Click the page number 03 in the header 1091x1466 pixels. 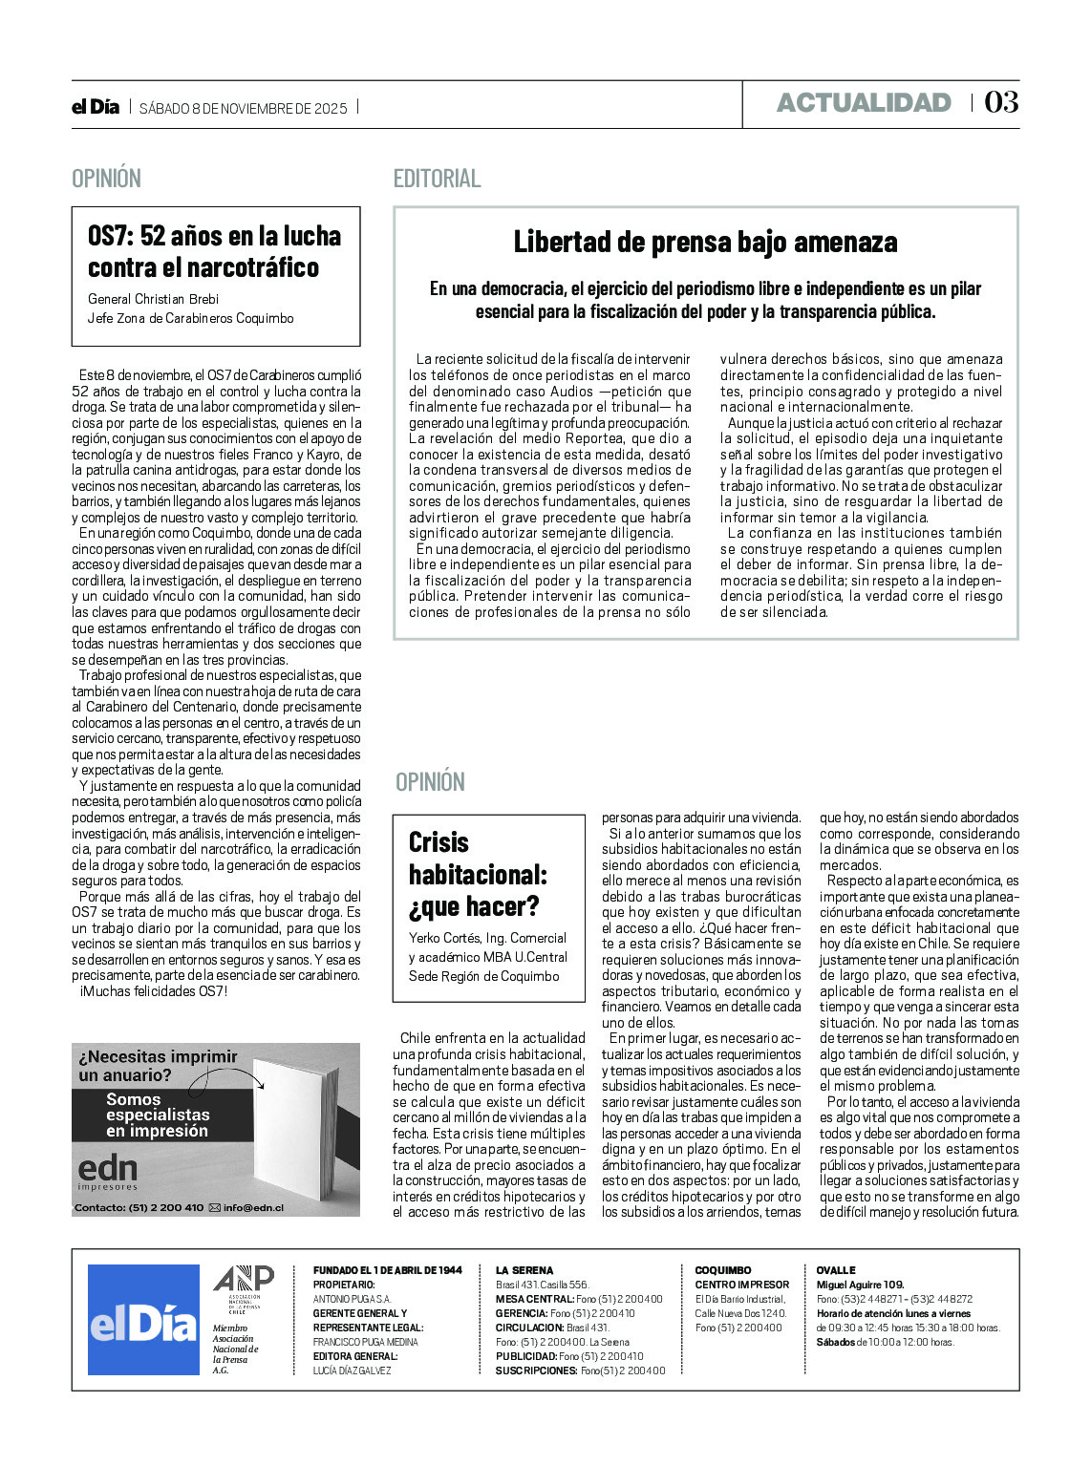pyautogui.click(x=1001, y=102)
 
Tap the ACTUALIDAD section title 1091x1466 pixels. pyautogui.click(x=864, y=103)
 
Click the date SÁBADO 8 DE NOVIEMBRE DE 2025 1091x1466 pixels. pyautogui.click(x=244, y=108)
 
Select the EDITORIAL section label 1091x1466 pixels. pyautogui.click(x=437, y=179)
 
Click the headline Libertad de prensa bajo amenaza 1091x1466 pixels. pyautogui.click(x=705, y=242)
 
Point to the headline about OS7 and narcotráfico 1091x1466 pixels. pyautogui.click(x=214, y=251)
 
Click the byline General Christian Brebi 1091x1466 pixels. pyautogui.click(x=154, y=299)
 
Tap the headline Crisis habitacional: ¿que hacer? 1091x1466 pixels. pyautogui.click(x=478, y=874)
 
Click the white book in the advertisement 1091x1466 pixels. pyautogui.click(x=290, y=1126)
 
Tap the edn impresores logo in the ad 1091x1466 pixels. pyautogui.click(x=107, y=1172)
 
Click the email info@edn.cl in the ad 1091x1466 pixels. pyautogui.click(x=253, y=1207)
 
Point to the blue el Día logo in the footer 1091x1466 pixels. pyautogui.click(x=143, y=1320)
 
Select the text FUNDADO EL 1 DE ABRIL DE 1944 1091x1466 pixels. pyautogui.click(x=387, y=1270)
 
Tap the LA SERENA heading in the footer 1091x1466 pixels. pyautogui.click(x=524, y=1270)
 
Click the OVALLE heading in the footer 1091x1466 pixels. pyautogui.click(x=836, y=1270)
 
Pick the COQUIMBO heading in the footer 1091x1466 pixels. pyautogui.click(x=722, y=1270)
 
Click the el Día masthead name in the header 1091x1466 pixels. pyautogui.click(x=96, y=107)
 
